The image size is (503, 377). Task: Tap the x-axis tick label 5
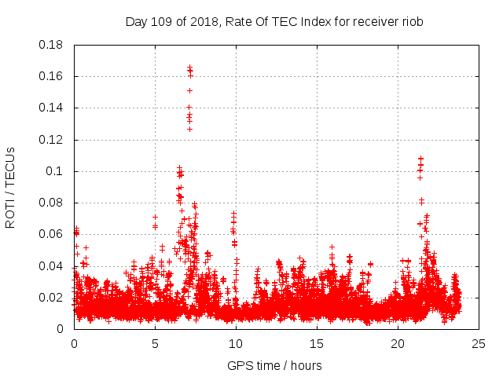pos(155,343)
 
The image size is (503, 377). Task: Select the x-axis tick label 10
pos(236,343)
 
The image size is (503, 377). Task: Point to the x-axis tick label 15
pos(317,343)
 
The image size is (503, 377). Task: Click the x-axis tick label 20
pos(398,343)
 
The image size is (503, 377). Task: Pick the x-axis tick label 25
pos(479,343)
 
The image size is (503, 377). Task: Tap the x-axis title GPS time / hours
pos(274,365)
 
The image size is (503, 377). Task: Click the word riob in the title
pos(412,22)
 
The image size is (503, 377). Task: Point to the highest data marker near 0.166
pos(189,68)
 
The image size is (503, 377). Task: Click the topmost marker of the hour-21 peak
pos(420,159)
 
